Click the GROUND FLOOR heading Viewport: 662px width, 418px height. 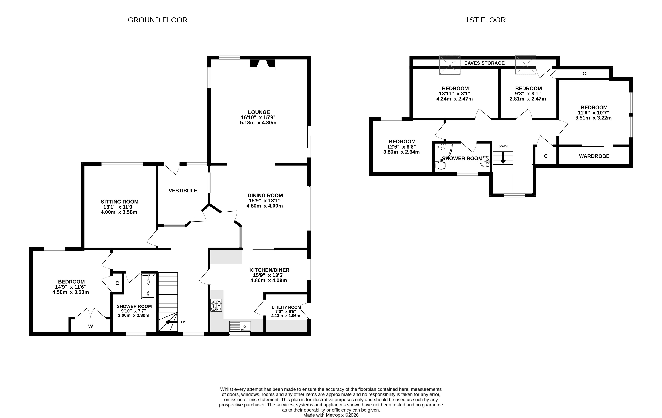point(158,20)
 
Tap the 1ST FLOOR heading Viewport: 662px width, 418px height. point(485,20)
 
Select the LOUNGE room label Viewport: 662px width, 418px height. point(259,112)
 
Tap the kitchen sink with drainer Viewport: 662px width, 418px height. point(240,326)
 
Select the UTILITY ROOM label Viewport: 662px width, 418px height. point(286,307)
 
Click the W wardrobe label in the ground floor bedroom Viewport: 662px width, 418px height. point(90,326)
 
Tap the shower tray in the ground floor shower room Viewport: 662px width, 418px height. point(148,286)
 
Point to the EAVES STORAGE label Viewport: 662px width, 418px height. point(484,63)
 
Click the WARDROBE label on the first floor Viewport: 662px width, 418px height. point(594,156)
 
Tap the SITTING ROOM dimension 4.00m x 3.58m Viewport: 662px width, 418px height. point(119,212)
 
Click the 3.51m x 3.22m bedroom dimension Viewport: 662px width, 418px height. point(593,118)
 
